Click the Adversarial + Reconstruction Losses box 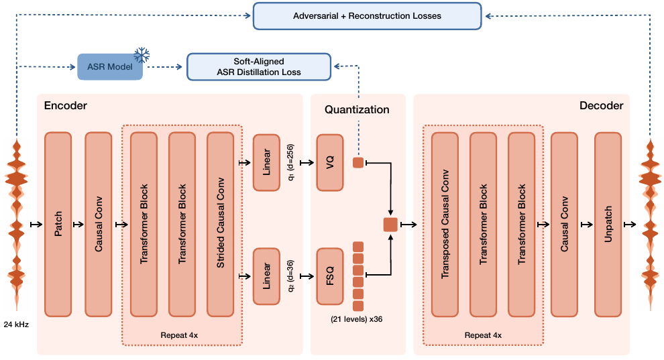point(367,15)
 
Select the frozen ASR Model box point(110,66)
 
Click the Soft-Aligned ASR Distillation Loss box point(259,66)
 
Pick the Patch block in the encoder point(58,224)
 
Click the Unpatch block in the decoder point(608,224)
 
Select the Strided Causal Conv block point(221,224)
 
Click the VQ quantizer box point(329,162)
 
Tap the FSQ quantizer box point(329,276)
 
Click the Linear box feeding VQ point(266,162)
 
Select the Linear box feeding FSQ point(266,276)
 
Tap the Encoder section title point(66,105)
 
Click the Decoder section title point(601,105)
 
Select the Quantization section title point(357,109)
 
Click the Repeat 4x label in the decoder point(483,335)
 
